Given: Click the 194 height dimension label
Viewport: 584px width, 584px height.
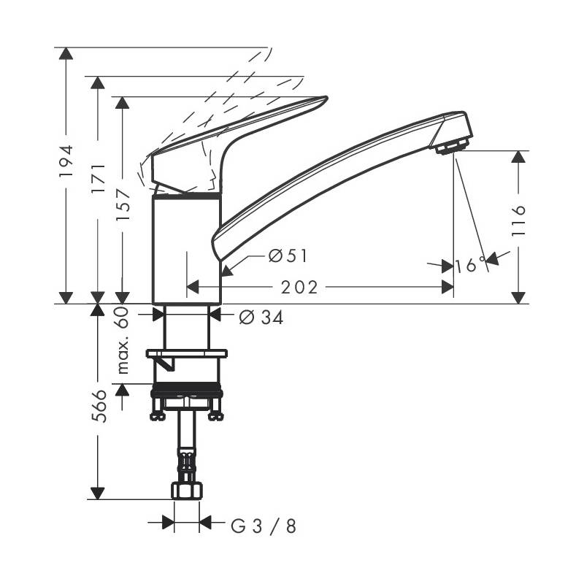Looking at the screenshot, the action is coord(66,161).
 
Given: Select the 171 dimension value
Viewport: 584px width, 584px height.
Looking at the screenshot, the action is coord(99,178).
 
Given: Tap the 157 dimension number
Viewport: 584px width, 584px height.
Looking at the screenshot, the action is coord(123,205).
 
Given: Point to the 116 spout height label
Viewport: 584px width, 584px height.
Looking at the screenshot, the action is coord(518,220).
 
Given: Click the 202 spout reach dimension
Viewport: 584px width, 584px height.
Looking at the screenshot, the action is coord(299,287).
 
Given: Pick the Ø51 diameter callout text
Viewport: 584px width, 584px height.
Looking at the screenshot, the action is coord(288,256).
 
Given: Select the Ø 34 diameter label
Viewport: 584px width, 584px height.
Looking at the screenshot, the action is coord(261,317).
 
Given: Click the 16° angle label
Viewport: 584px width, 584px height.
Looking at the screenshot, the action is coord(470,265).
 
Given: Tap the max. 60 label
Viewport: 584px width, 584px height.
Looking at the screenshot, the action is coord(123,340).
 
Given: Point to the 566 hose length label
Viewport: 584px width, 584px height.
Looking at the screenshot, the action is coord(99,406).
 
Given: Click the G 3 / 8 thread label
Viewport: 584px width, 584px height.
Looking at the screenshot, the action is coord(264,526).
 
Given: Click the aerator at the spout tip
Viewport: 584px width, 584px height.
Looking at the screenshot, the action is coord(452,145).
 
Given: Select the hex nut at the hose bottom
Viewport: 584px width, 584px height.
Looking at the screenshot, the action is coord(187,491).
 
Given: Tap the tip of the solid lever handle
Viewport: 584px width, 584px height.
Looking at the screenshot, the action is coord(326,98).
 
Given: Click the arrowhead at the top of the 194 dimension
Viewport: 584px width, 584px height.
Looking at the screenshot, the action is coord(66,54).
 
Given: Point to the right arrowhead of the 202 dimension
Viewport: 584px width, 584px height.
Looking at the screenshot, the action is coord(447,287).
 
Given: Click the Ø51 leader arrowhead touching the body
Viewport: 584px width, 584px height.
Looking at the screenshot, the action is coord(226,271).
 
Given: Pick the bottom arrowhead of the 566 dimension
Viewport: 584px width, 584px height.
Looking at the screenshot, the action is coord(98,493).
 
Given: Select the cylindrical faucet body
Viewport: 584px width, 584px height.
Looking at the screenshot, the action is coord(187,249).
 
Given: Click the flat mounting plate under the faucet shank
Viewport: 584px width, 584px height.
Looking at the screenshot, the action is coord(187,353).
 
